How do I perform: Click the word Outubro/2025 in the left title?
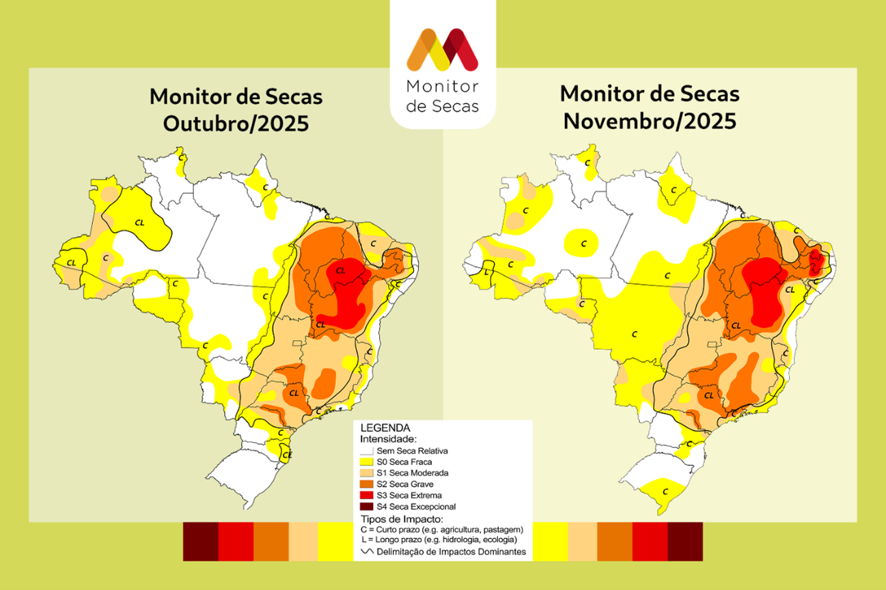[236, 124]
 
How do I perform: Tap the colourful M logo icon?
[442, 50]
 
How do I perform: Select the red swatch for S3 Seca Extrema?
[367, 495]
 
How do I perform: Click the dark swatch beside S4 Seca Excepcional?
[367, 507]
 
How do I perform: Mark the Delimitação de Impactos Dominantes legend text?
[451, 552]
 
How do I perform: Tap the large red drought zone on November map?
[765, 294]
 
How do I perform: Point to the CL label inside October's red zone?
[340, 270]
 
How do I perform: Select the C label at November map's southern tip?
[665, 492]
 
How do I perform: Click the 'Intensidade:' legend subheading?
[388, 439]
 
